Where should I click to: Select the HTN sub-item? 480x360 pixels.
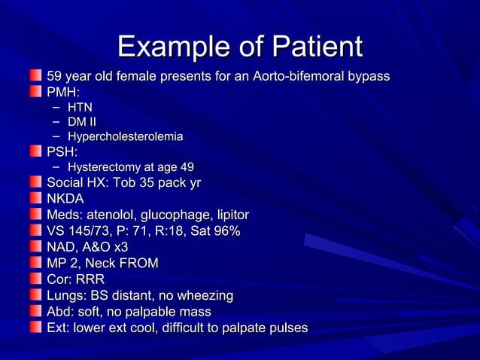[80, 108]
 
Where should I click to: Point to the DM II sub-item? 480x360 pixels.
[81, 122]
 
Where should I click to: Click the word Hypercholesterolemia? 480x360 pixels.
[125, 137]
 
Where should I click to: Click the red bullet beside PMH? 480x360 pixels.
[36, 93]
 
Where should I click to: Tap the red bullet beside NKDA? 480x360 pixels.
[36, 199]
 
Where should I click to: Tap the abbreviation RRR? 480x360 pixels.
[90, 279]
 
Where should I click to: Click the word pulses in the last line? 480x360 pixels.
[286, 328]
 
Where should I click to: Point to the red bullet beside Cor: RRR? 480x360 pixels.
[36, 279]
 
